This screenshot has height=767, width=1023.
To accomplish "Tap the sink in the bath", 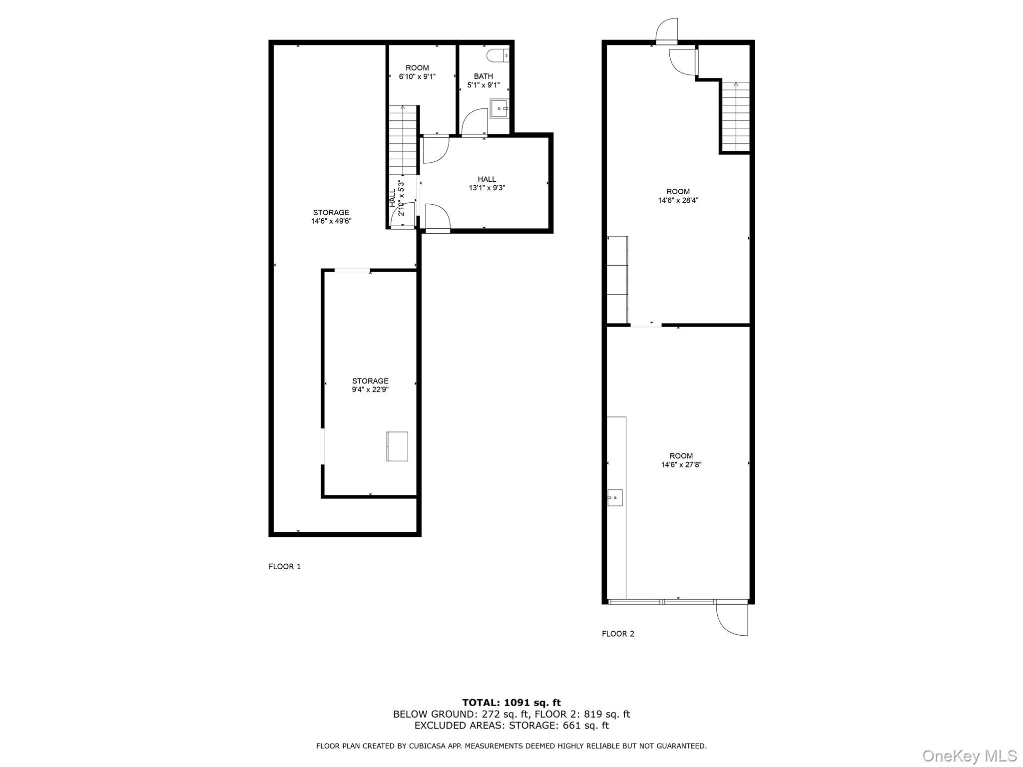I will tap(499, 108).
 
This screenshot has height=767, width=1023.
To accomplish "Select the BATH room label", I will tap(483, 76).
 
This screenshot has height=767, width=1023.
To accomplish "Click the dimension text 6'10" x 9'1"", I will tap(417, 76).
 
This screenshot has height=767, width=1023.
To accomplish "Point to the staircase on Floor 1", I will tap(403, 139).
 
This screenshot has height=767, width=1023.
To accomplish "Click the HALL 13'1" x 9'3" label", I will tap(487, 183).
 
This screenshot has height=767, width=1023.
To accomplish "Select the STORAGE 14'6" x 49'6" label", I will tap(331, 217).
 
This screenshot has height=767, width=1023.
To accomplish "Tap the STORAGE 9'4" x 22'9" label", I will tap(370, 385).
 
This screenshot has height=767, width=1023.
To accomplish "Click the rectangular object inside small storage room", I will tap(397, 446).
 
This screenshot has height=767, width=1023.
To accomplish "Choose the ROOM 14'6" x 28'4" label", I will tap(678, 196).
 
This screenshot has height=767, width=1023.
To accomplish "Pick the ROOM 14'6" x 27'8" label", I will tap(681, 460).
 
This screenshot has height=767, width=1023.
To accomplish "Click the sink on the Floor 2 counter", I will tap(615, 498).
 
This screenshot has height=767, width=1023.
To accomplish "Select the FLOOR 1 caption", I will tap(285, 566).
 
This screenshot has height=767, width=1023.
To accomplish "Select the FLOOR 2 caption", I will tap(618, 634).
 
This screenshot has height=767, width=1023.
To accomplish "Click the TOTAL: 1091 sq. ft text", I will tap(511, 703).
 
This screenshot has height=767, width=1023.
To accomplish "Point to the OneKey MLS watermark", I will tap(969, 756).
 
